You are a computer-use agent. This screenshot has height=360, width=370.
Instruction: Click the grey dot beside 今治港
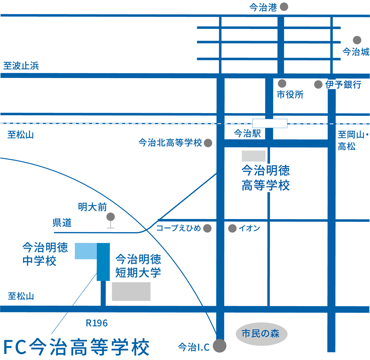click(x=284, y=7)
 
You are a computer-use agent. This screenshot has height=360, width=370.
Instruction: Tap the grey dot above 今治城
click(x=357, y=40)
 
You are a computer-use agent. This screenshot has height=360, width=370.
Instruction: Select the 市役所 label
click(x=290, y=95)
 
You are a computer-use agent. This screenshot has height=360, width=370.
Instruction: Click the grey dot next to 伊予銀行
click(x=318, y=84)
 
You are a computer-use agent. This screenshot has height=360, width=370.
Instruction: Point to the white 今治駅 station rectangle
click(x=270, y=123)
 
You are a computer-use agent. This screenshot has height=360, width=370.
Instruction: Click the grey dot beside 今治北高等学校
click(x=208, y=143)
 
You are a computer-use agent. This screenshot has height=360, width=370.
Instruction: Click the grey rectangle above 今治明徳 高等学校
click(x=254, y=156)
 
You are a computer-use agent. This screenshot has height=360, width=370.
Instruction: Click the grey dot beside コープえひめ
click(x=207, y=228)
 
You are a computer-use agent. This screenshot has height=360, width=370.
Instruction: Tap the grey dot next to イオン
click(x=232, y=228)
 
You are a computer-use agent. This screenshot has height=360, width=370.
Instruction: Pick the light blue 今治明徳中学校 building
click(x=86, y=251)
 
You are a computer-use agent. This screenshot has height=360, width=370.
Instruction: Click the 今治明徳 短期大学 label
click(x=138, y=266)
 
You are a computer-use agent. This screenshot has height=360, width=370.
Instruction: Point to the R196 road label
click(x=97, y=323)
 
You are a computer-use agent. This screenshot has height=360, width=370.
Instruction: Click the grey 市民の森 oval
click(x=261, y=334)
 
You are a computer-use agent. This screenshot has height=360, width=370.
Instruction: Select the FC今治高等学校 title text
click(x=76, y=347)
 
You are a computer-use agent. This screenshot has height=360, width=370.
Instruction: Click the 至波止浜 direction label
click(x=21, y=66)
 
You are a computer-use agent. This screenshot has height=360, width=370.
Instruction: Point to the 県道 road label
click(x=62, y=223)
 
